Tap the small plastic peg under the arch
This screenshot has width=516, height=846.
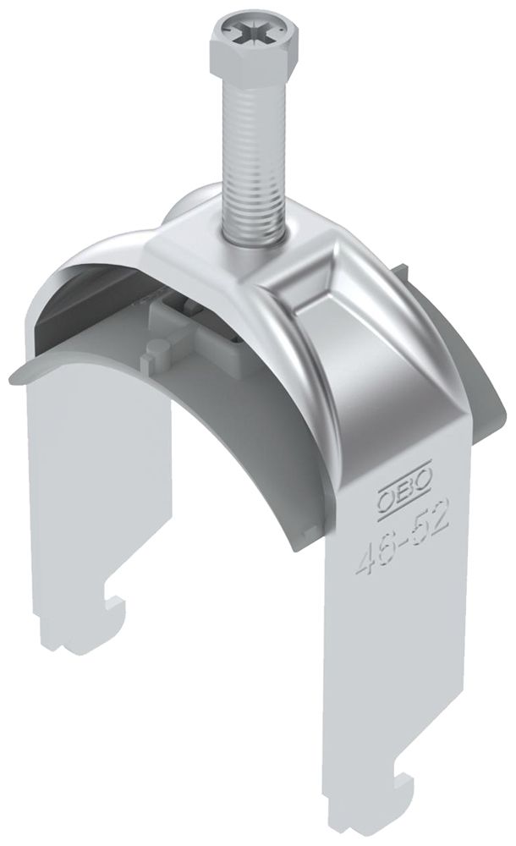151,355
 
